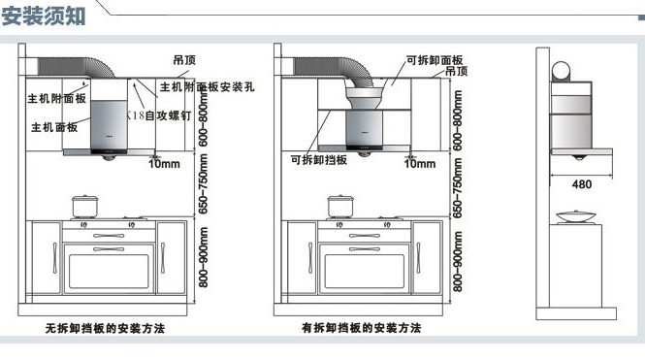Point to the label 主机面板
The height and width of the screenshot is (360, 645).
[x=54, y=127]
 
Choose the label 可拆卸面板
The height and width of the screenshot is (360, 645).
[x=434, y=60]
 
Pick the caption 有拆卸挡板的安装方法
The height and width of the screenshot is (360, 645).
[x=361, y=329]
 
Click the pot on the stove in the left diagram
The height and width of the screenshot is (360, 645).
[x=84, y=206]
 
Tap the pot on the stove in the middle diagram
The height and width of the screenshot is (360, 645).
[x=339, y=206]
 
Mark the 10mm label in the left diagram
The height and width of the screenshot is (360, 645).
[x=162, y=163]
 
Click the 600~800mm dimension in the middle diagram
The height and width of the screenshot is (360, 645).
[x=455, y=115]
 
